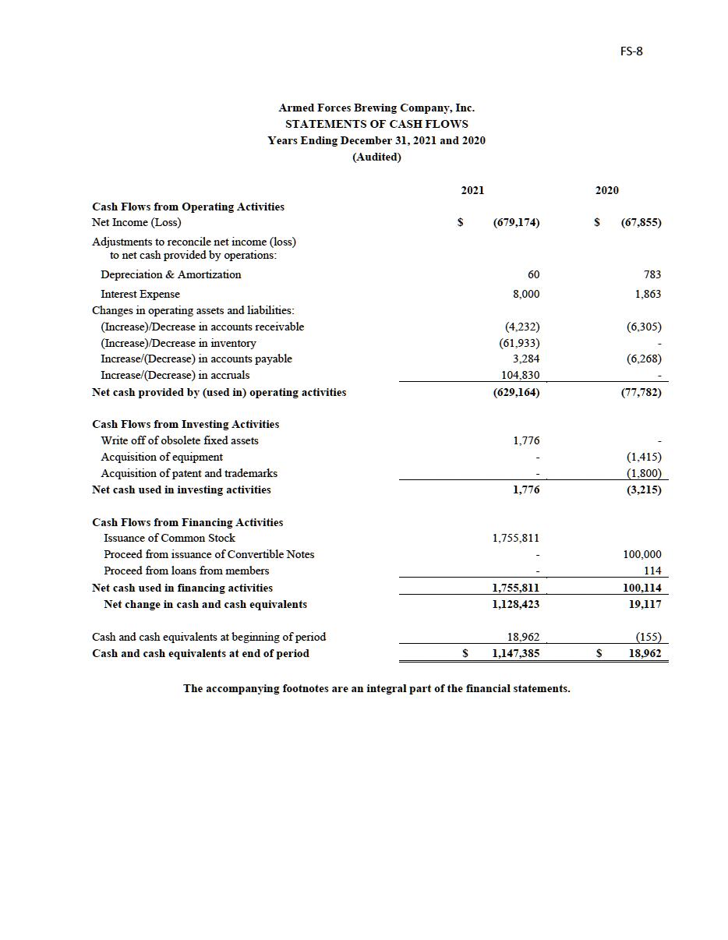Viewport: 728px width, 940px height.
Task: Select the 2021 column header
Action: pyautogui.click(x=472, y=190)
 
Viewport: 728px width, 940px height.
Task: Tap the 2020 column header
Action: pyautogui.click(x=607, y=190)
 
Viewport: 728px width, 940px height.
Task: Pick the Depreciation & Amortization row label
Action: pyautogui.click(x=171, y=274)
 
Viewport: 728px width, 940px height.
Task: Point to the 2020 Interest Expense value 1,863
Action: pyautogui.click(x=648, y=294)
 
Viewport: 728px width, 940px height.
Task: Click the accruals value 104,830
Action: pyautogui.click(x=520, y=375)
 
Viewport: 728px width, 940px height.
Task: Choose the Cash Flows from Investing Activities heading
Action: pyautogui.click(x=186, y=424)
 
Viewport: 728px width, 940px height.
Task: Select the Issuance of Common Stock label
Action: pyautogui.click(x=169, y=538)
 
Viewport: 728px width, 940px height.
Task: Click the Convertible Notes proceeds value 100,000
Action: pyautogui.click(x=641, y=554)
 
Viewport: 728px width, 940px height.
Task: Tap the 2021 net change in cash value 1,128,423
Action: pyautogui.click(x=515, y=604)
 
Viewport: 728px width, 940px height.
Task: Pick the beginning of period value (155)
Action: pyautogui.click(x=648, y=637)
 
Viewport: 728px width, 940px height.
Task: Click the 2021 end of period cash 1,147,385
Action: pyautogui.click(x=515, y=653)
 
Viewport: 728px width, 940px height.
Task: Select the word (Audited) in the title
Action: pyautogui.click(x=376, y=157)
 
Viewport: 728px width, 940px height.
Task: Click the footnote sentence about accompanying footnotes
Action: pyautogui.click(x=376, y=688)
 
